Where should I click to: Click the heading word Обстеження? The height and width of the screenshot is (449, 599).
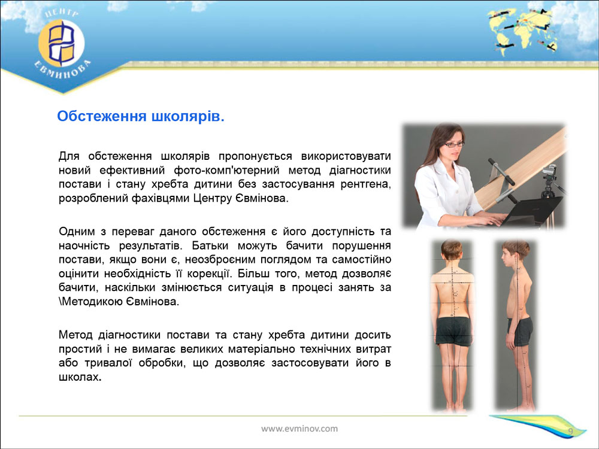tap(102, 116)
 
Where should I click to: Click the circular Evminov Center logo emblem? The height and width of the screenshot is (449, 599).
tap(62, 43)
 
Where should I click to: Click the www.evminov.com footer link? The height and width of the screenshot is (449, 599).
tap(299, 429)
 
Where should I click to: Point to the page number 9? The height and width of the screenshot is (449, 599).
tap(570, 432)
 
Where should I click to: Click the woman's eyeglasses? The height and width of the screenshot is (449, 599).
tap(454, 144)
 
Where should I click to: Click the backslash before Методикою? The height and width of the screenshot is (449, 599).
tap(60, 302)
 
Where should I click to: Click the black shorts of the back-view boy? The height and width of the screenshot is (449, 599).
tap(453, 330)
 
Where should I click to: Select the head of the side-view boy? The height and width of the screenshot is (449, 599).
tap(516, 254)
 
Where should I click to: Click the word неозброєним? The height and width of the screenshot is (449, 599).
tap(222, 260)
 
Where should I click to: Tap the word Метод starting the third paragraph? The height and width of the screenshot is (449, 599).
tap(75, 335)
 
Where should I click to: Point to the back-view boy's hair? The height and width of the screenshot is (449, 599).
tap(452, 248)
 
